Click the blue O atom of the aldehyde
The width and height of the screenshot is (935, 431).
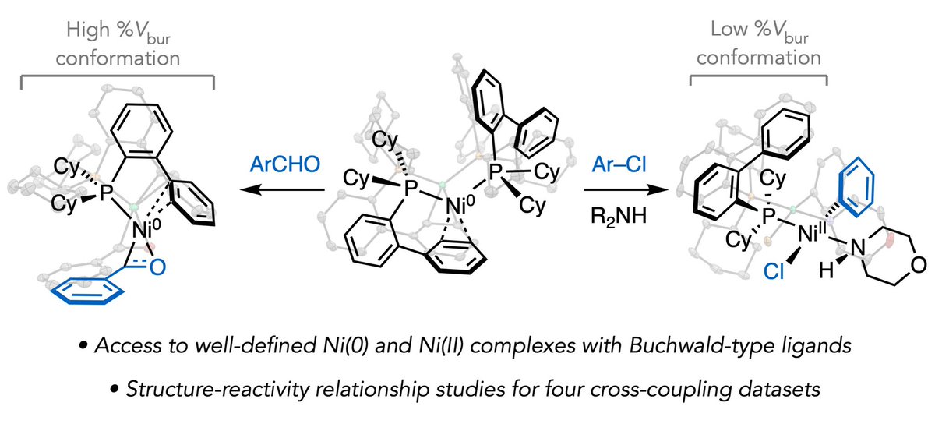(x=159, y=267)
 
